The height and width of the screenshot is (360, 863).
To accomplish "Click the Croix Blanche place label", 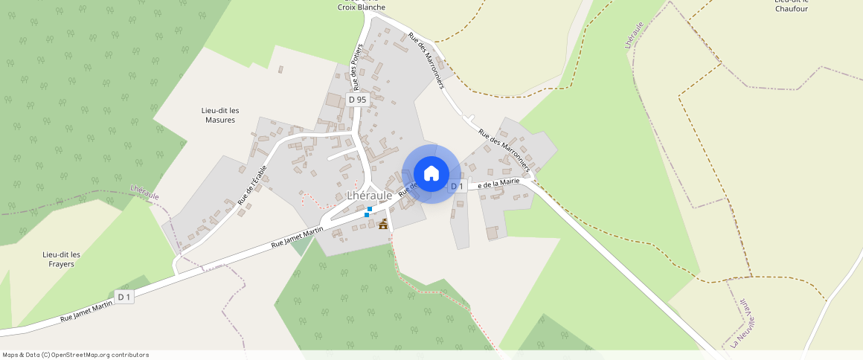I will click(362, 7).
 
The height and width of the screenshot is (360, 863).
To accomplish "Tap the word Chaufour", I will click(791, 9).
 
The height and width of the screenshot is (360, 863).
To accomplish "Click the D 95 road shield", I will click(357, 99).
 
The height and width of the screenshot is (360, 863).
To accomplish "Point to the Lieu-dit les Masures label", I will click(219, 115).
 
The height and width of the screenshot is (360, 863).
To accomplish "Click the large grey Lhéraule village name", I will click(369, 195).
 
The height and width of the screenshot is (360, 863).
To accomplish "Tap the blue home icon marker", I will click(431, 174).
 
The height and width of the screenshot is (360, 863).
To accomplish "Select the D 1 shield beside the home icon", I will click(457, 186).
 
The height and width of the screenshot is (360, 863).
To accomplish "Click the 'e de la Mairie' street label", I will click(498, 183).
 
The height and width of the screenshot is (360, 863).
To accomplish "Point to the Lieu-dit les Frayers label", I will click(62, 259).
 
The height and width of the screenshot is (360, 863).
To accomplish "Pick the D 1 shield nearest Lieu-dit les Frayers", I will click(123, 298).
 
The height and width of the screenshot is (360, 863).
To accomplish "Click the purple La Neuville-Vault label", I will click(747, 330).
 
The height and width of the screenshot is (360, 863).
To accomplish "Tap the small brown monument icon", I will click(384, 224).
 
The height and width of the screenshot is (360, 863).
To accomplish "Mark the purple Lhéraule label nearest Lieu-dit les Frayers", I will click(144, 192).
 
